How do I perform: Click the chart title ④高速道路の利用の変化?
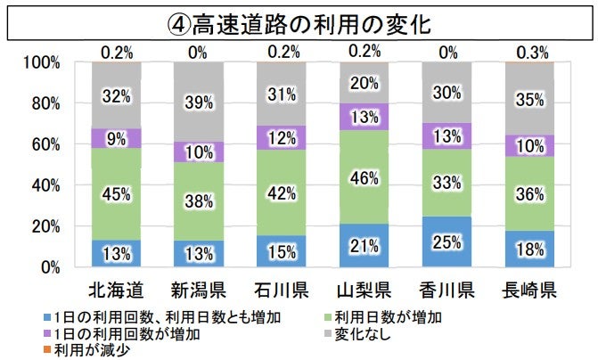(299, 23)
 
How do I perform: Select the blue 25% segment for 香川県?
(446, 241)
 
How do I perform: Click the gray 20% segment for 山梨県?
(364, 83)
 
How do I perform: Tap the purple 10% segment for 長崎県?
(529, 145)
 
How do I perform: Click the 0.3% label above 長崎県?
(529, 52)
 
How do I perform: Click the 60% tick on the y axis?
(42, 144)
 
